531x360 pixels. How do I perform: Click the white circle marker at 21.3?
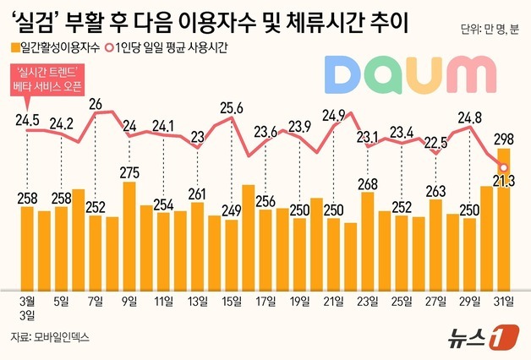tap(503, 166)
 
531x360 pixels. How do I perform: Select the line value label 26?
tap(96, 104)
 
